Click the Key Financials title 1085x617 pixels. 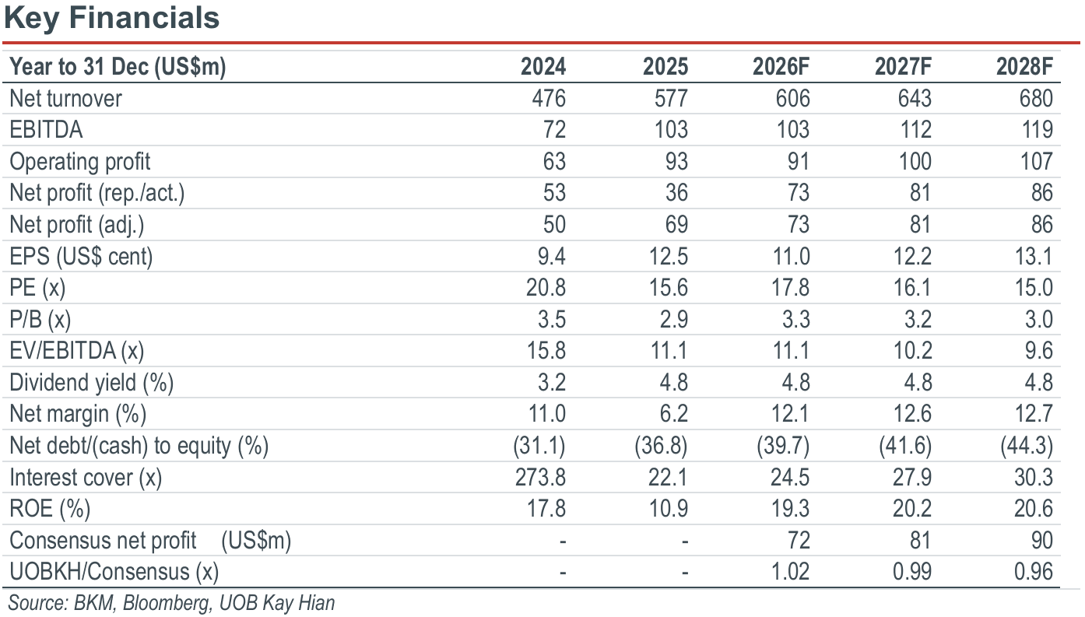(111, 18)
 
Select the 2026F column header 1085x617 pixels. (781, 66)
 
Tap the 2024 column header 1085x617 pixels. (543, 66)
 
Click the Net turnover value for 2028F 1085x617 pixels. (1036, 98)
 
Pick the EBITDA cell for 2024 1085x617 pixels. (554, 130)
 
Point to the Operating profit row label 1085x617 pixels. (80, 162)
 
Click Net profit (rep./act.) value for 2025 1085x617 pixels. (676, 193)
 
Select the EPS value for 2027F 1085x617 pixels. (912, 256)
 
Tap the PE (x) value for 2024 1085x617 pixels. (546, 288)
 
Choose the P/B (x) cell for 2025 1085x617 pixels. (674, 319)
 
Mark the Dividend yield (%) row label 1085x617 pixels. (92, 383)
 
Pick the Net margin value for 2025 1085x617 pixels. (674, 414)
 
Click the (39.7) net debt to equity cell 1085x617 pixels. (783, 446)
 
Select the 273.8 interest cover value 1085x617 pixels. (540, 478)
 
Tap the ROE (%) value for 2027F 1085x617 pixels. (912, 509)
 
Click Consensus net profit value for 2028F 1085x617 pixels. (1042, 541)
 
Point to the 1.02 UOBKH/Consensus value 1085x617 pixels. (790, 572)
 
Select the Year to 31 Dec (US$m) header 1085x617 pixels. (118, 67)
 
